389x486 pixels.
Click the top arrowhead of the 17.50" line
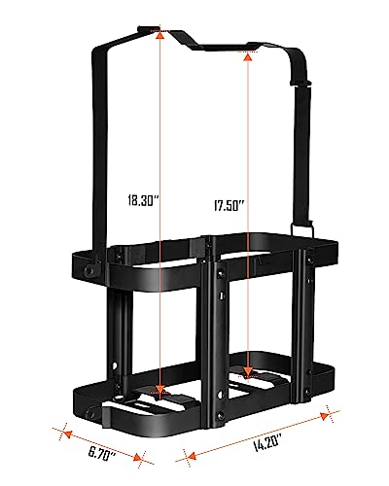[249, 57]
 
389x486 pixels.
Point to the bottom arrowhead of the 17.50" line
[250, 374]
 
